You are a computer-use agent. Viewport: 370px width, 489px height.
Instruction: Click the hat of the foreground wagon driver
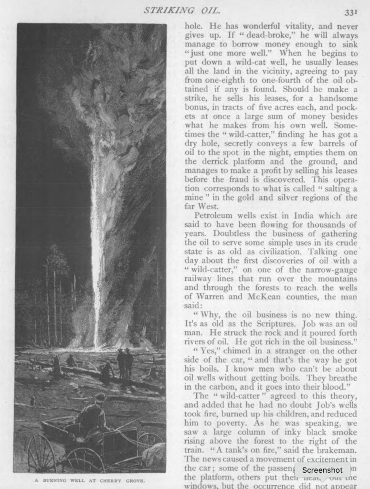pyautogui.click(x=100, y=396)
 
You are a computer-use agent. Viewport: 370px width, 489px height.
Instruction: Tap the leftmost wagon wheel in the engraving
pyautogui.click(x=42, y=454)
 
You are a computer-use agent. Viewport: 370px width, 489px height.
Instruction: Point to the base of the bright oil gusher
pyautogui.click(x=97, y=344)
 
